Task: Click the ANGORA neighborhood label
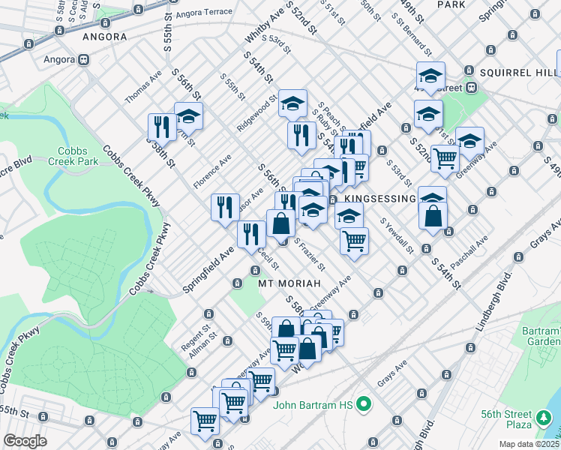[103, 36]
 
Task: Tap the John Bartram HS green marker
[364, 405]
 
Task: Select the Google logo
[25, 441]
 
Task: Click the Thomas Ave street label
[143, 88]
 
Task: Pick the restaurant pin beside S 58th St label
[161, 127]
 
